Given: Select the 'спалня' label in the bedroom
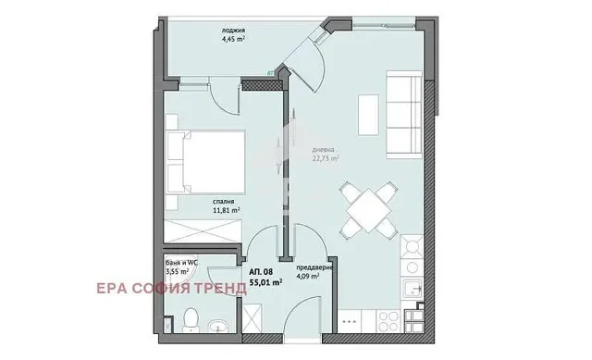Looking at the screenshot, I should click(222, 201).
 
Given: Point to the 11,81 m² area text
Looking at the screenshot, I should click(227, 210).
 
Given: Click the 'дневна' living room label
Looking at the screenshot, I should click(323, 148).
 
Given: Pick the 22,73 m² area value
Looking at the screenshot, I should click(325, 157).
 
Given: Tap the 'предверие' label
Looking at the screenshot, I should click(314, 267).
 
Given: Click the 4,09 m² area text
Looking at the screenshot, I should click(308, 276).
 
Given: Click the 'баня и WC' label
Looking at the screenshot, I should click(177, 262).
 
